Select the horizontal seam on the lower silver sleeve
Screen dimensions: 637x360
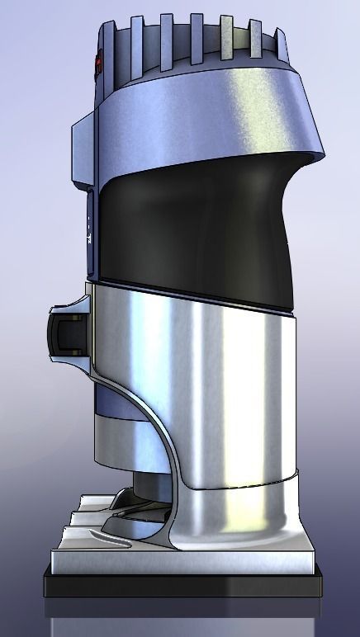pyautogui.click(x=248, y=478)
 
